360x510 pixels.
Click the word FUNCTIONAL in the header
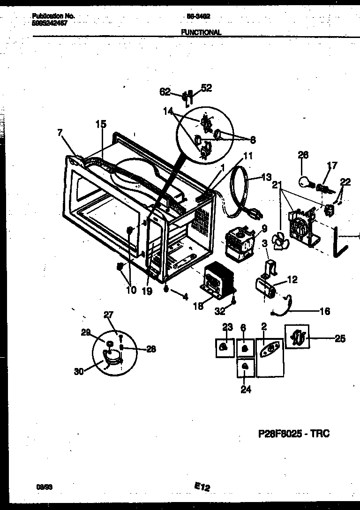[201, 32]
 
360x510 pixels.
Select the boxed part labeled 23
[225, 347]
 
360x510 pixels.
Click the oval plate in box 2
[270, 349]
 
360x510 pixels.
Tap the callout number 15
[101, 124]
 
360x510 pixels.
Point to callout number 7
[60, 133]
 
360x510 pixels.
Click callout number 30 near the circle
[79, 371]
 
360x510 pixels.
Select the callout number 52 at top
[206, 88]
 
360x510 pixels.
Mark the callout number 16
[324, 311]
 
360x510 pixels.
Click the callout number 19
[147, 291]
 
